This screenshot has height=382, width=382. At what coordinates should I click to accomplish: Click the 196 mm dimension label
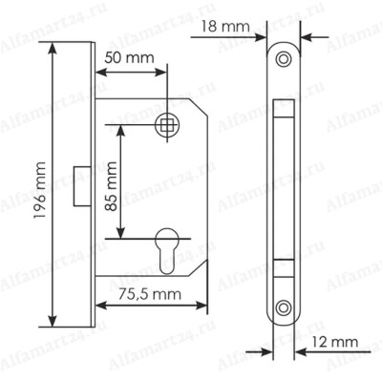40,190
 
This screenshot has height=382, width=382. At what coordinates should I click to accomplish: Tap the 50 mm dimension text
129,58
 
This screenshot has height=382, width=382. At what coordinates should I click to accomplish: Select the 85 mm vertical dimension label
111,186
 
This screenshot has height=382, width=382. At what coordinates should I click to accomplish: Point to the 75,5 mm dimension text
150,294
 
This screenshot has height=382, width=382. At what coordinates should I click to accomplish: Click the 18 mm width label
225,26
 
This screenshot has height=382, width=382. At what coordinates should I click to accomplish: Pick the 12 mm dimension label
334,343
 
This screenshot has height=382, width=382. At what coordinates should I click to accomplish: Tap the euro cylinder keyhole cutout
167,251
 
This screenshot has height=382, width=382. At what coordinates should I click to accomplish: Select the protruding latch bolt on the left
82,186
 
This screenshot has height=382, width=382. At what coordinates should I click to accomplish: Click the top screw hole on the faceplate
283,59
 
